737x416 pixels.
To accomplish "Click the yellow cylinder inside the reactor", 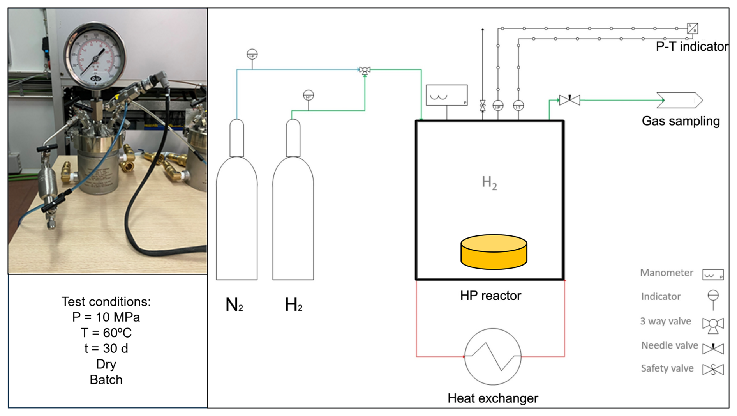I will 494,252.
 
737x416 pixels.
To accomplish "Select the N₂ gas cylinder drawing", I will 236,211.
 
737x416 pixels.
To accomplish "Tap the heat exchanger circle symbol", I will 493,356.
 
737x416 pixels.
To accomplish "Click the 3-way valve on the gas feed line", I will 365,70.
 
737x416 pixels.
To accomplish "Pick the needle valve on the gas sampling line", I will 569,100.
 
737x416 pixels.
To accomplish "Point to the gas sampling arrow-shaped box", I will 679,100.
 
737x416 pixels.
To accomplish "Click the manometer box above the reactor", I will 446,95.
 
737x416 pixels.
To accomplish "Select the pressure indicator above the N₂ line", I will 252,55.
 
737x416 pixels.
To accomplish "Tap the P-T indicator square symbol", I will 692,28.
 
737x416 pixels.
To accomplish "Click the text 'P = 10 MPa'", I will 106,317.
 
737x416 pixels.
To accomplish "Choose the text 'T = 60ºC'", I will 106,333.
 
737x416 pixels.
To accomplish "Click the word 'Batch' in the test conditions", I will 106,380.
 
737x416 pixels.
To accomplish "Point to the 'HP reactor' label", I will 490,296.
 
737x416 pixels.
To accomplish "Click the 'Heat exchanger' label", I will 493,398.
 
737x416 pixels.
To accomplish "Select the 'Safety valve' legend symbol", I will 713,369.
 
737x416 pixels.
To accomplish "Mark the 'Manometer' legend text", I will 666,273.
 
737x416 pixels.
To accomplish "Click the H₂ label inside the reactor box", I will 489,182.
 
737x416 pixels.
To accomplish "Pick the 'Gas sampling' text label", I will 681,121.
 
